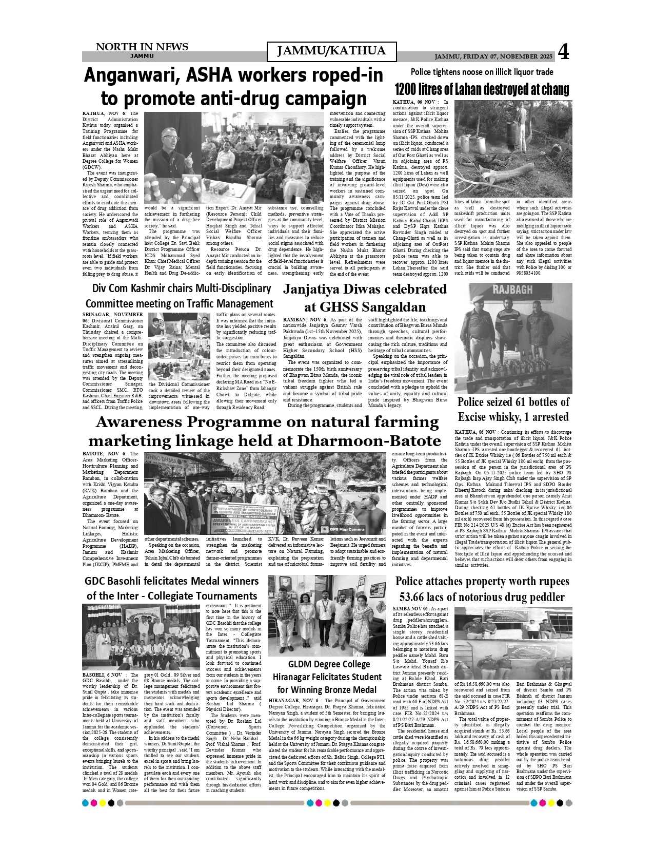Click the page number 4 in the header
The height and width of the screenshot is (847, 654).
[x=563, y=52]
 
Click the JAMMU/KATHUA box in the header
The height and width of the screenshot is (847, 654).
[x=331, y=51]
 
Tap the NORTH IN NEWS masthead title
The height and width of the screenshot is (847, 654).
[x=142, y=47]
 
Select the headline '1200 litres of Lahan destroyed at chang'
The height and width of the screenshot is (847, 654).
[x=482, y=89]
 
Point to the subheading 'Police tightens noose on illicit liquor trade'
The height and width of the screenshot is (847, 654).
[x=482, y=72]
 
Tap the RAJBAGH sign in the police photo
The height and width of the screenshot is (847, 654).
[x=512, y=291]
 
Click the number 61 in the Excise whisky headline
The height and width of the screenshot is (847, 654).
[x=523, y=402]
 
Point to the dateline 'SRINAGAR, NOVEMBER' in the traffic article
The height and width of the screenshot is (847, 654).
[x=113, y=314]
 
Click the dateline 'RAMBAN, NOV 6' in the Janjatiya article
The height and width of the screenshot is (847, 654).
[x=303, y=320]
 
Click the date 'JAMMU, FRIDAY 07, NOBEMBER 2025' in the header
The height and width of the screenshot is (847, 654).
[x=493, y=56]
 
